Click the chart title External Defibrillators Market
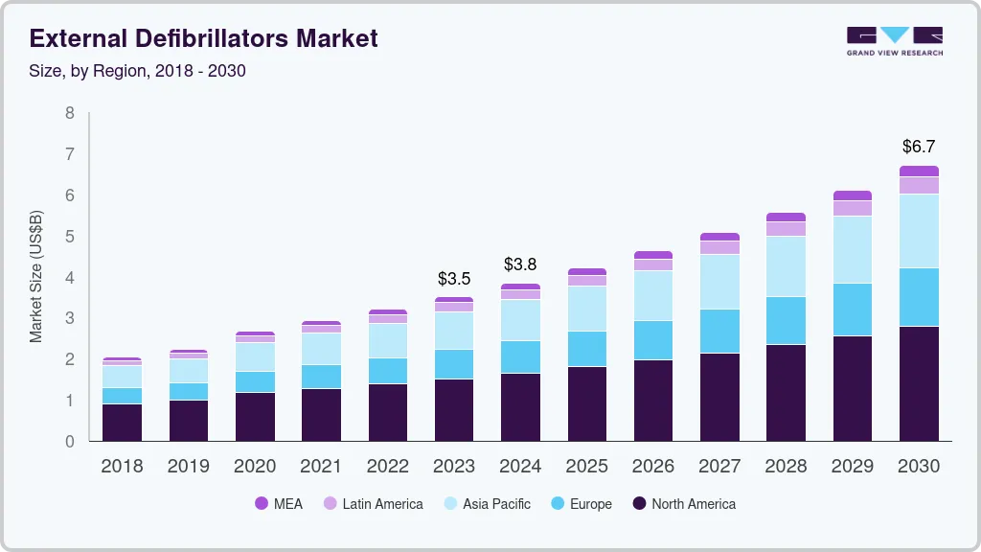coord(204,38)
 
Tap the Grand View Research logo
coord(894,40)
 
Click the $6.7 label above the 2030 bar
coord(919,147)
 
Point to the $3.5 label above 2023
coord(454,279)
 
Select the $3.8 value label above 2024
coord(520,264)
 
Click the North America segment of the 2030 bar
coord(919,383)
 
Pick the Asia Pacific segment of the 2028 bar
coord(786,266)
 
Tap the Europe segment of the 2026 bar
coord(653,340)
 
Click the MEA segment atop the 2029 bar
coord(853,195)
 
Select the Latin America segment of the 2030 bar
coord(919,185)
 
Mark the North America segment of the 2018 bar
coord(122,422)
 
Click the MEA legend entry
coord(278,503)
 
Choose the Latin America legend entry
coord(373,503)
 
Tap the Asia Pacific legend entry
coord(486,503)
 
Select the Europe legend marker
coord(556,503)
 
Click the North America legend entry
coord(684,503)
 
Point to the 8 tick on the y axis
coord(69,113)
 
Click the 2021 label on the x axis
coord(321,466)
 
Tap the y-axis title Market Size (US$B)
coord(36,276)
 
